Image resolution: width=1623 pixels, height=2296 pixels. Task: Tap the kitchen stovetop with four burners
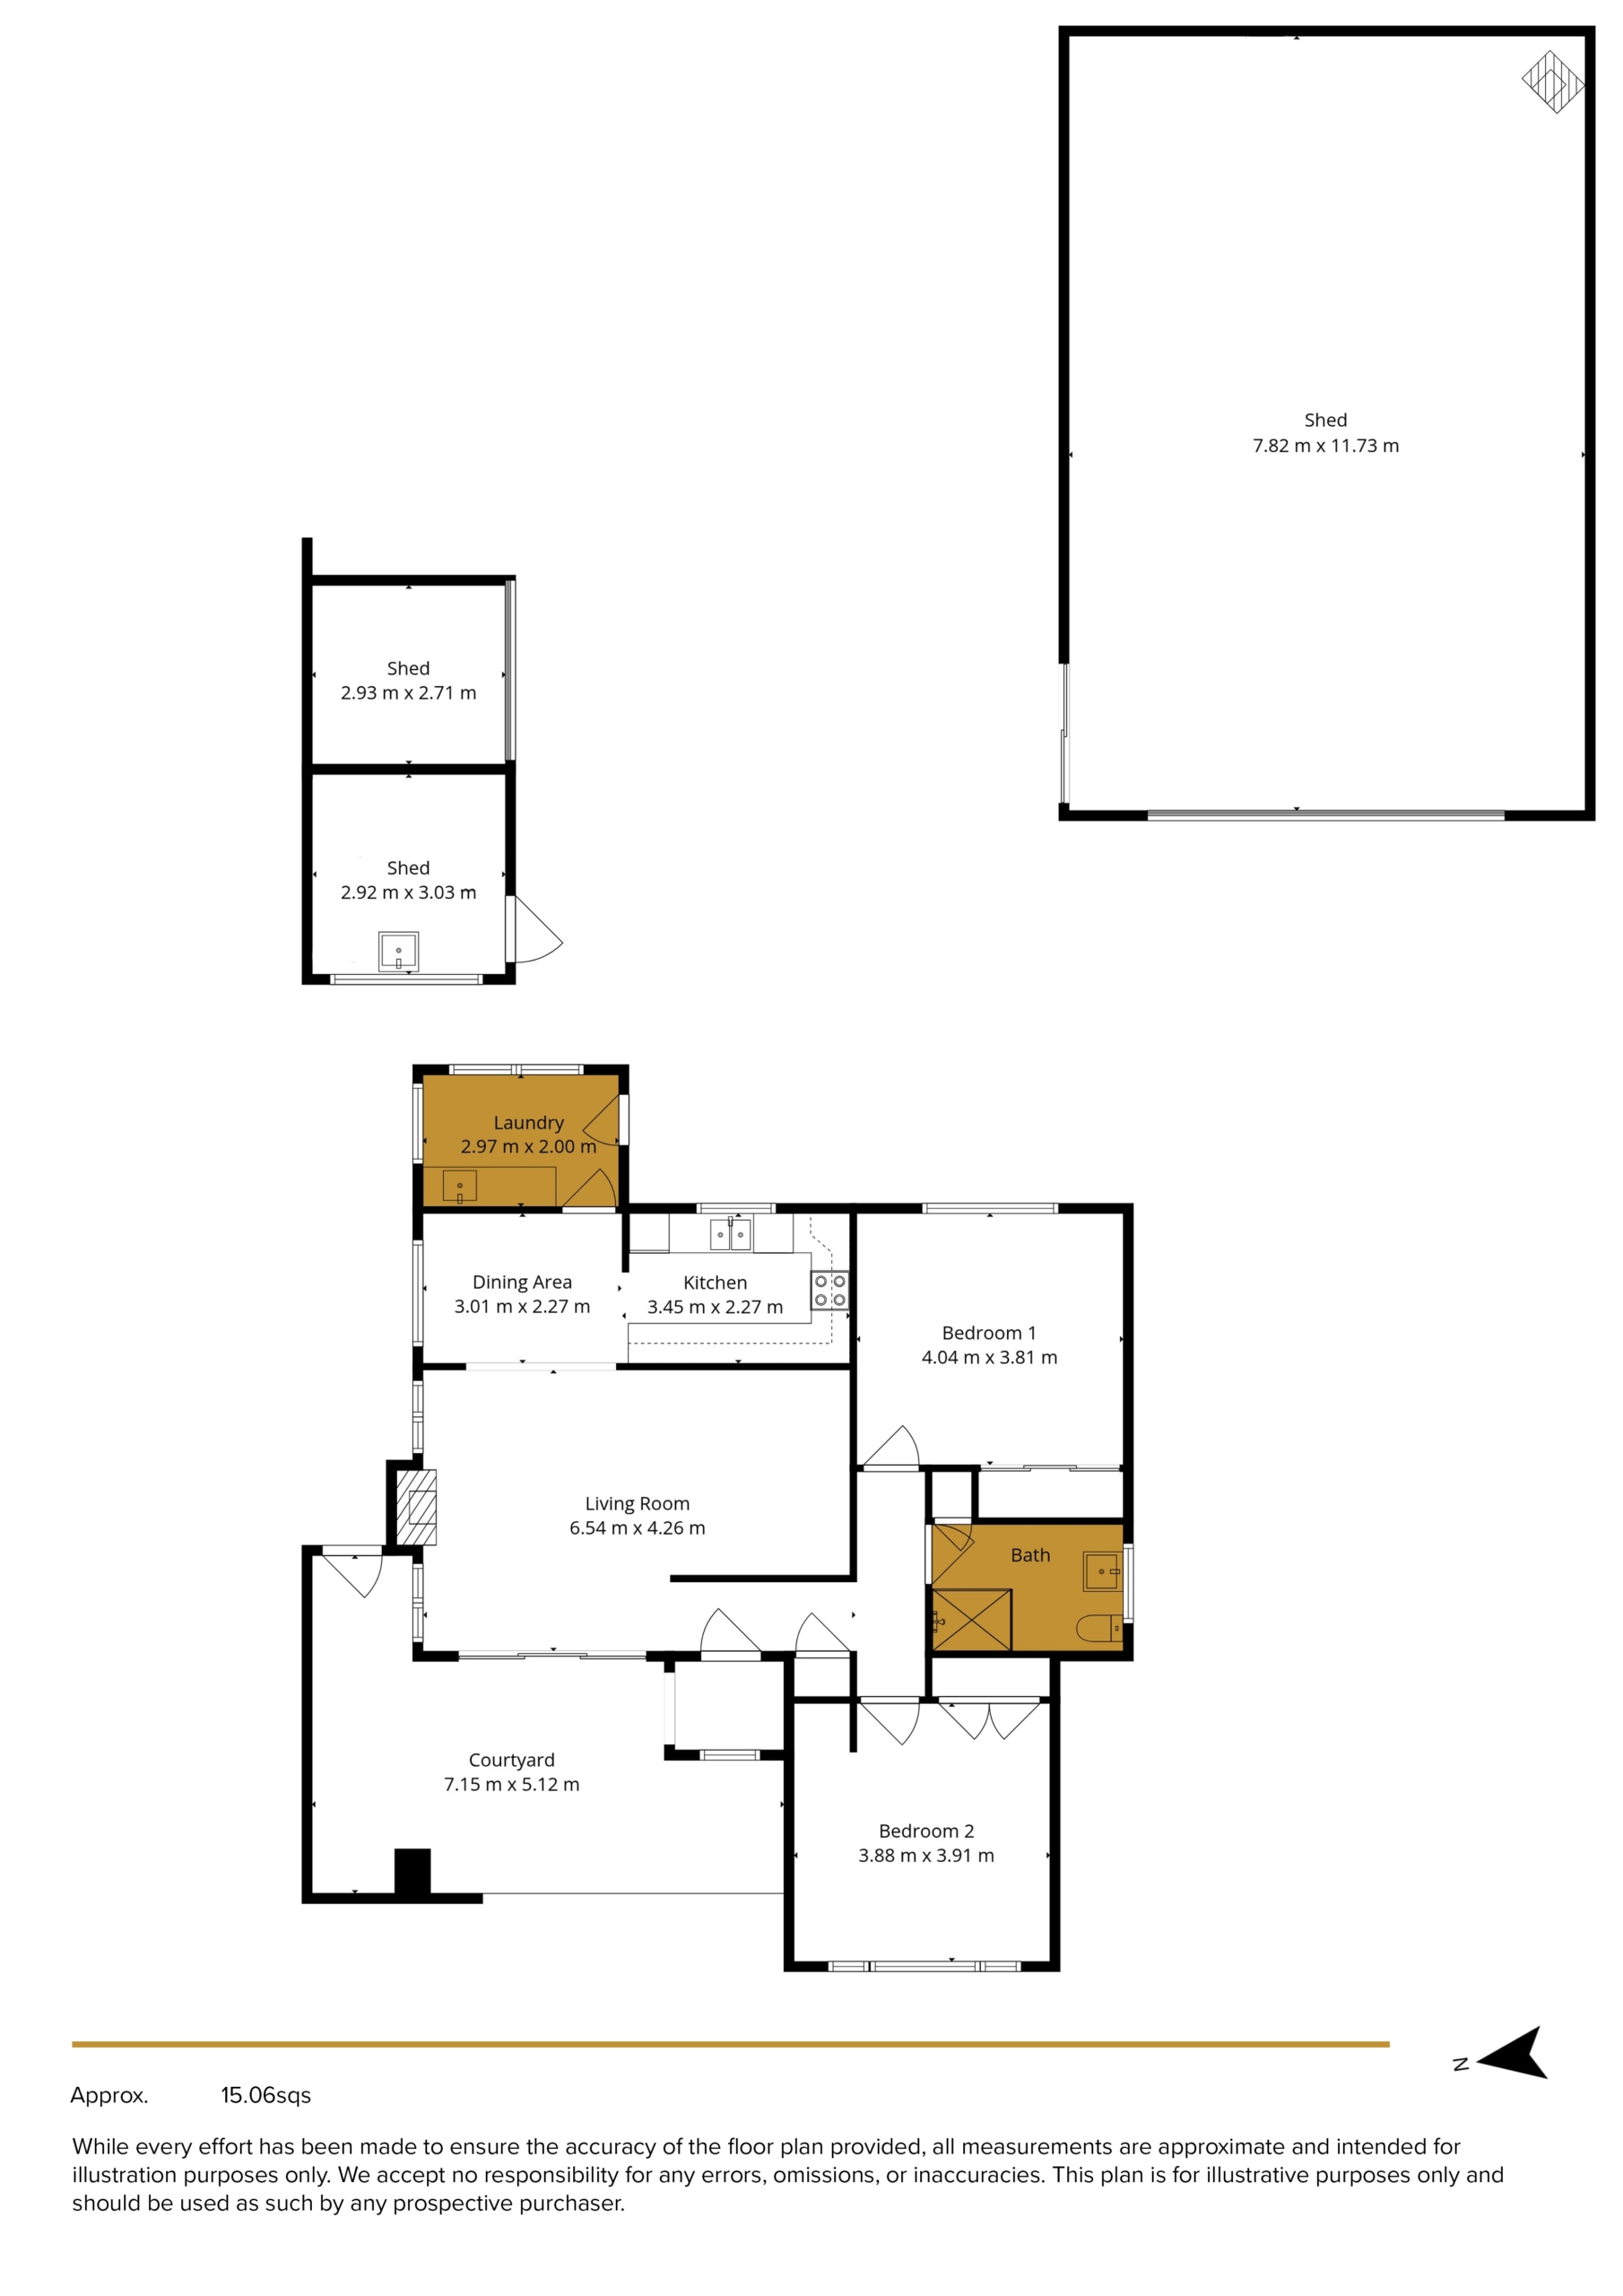pos(829,1290)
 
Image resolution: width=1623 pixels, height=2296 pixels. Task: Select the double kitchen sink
pos(730,1236)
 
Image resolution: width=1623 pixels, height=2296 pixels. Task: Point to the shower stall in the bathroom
pos(971,1619)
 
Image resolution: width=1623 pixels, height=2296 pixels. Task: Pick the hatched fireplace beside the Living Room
pos(417,1507)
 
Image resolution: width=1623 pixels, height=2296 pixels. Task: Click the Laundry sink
pos(460,1187)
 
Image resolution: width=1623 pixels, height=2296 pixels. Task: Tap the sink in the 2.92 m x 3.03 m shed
pos(398,951)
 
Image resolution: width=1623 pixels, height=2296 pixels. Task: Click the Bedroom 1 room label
pos(989,1333)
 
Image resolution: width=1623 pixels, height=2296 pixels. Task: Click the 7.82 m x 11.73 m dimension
pos(1326,446)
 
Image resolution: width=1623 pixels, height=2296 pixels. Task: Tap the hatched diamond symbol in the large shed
pos(1553,82)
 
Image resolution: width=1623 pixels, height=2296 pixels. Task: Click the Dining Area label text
pos(522,1282)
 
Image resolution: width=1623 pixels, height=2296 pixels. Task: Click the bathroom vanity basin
pos(1102,1571)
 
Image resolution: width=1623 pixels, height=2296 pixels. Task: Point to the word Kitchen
pos(715,1283)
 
